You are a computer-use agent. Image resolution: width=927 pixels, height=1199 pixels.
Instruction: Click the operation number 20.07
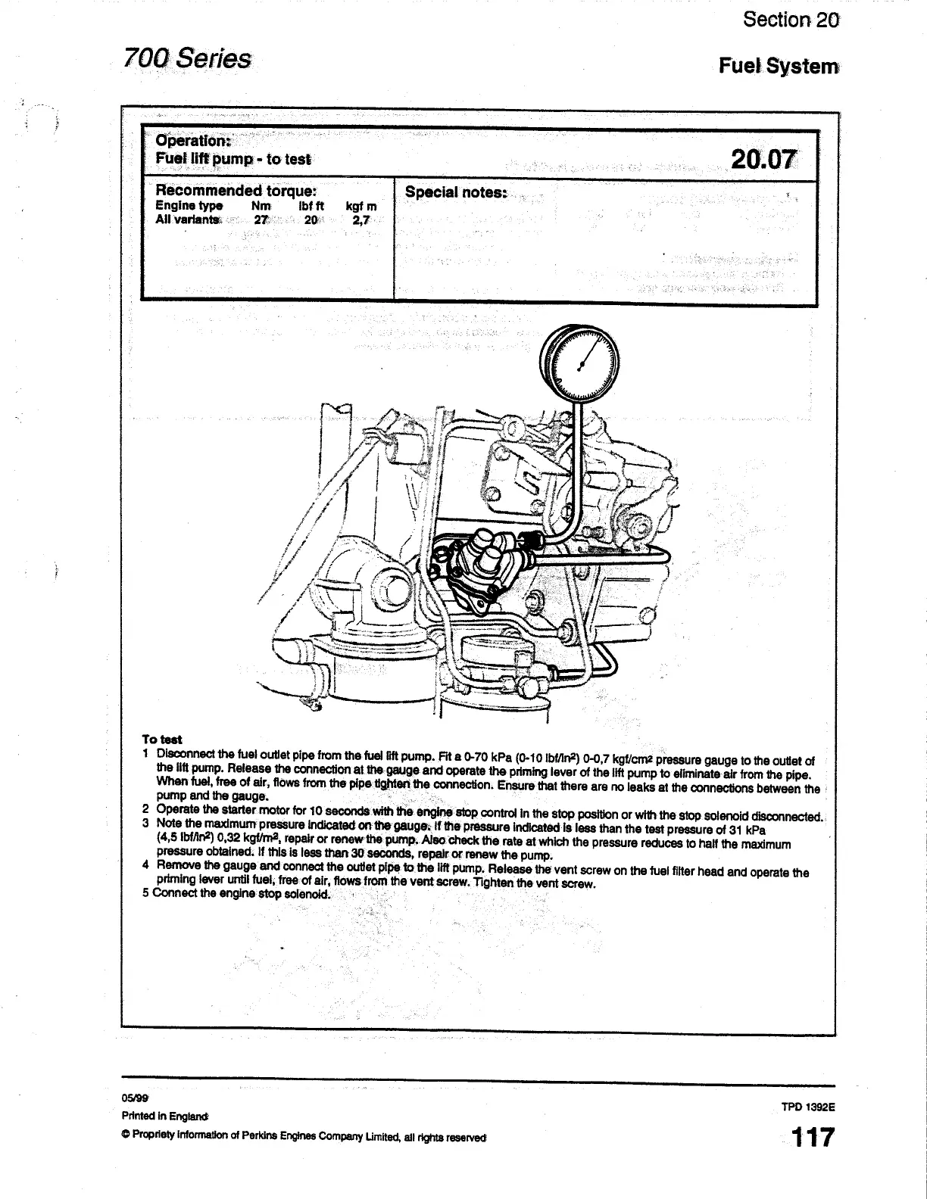click(764, 160)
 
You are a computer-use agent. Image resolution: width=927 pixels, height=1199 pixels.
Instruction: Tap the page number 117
click(812, 1137)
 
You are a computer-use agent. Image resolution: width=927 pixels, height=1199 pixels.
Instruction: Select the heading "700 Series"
click(188, 58)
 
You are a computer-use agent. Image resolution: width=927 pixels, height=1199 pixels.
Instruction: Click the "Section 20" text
click(791, 20)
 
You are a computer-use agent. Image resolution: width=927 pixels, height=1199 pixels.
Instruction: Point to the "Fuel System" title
click(779, 67)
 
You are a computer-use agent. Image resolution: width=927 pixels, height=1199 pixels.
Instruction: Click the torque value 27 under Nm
click(261, 220)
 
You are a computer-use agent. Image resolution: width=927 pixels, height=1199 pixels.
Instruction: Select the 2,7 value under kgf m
click(360, 220)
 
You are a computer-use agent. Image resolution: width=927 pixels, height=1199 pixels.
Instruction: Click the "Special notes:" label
click(455, 192)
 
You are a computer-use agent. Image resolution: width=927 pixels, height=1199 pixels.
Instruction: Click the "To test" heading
click(161, 740)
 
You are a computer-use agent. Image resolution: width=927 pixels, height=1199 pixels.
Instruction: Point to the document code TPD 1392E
click(808, 1106)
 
